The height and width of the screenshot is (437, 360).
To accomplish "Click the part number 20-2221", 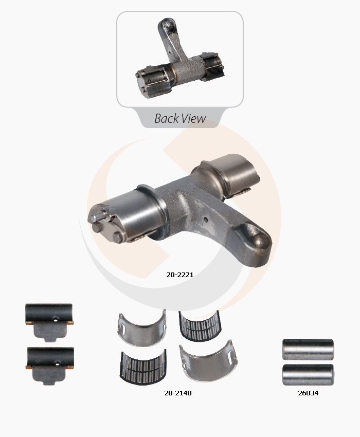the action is click(179, 275).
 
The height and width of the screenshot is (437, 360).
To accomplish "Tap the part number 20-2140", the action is click(178, 393).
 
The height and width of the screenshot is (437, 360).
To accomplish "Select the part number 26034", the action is click(308, 393).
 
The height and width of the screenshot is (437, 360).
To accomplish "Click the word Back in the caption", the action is click(166, 118).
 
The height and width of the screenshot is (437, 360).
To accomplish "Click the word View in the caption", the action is click(194, 118).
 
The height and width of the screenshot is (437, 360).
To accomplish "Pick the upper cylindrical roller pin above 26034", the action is click(308, 349).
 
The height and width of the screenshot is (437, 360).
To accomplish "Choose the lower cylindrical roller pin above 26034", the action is click(308, 375).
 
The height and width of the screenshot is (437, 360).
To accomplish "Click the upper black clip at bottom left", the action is click(49, 322).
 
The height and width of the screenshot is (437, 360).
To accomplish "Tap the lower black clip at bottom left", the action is click(50, 366).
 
